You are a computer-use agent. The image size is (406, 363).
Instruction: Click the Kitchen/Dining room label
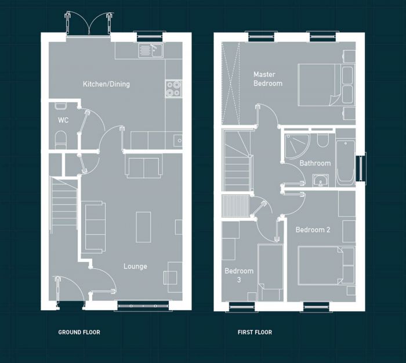point(106,84)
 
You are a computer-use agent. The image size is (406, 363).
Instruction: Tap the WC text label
point(63,121)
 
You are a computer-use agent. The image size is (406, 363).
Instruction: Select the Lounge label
point(135,267)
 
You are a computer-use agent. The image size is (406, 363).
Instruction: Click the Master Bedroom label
point(267,79)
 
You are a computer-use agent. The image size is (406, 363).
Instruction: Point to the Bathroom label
point(315,163)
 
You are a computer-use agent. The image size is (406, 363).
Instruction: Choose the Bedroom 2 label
point(313,230)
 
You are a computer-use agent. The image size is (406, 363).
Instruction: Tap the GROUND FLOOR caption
point(79,333)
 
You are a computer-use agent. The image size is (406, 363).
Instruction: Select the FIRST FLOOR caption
point(255,333)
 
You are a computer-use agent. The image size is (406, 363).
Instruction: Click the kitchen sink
point(151,51)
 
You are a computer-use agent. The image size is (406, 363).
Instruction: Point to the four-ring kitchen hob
point(173,88)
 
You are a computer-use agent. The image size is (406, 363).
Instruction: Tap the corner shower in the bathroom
point(296,145)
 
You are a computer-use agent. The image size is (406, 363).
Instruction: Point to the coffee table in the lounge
point(143,227)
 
